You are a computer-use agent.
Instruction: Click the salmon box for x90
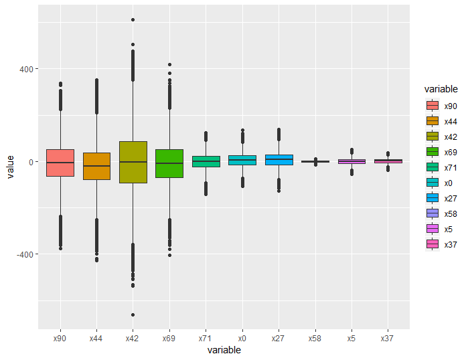60,163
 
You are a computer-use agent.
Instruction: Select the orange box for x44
96,166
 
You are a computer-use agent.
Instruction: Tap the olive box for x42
133,162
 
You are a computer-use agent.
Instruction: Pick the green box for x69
169,163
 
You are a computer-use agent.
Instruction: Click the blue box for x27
278,160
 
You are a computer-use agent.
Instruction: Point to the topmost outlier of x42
133,19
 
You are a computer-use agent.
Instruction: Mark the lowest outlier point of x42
133,314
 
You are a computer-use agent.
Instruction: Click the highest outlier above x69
169,64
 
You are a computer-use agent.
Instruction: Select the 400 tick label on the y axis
29,69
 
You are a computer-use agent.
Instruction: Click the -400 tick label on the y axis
27,254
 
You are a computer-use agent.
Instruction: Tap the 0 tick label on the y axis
33,162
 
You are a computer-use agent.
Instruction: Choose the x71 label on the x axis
206,339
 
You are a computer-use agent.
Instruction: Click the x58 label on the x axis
315,339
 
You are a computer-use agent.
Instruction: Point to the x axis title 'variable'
224,350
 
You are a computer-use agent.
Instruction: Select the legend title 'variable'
441,89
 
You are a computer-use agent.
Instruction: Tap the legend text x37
451,244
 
